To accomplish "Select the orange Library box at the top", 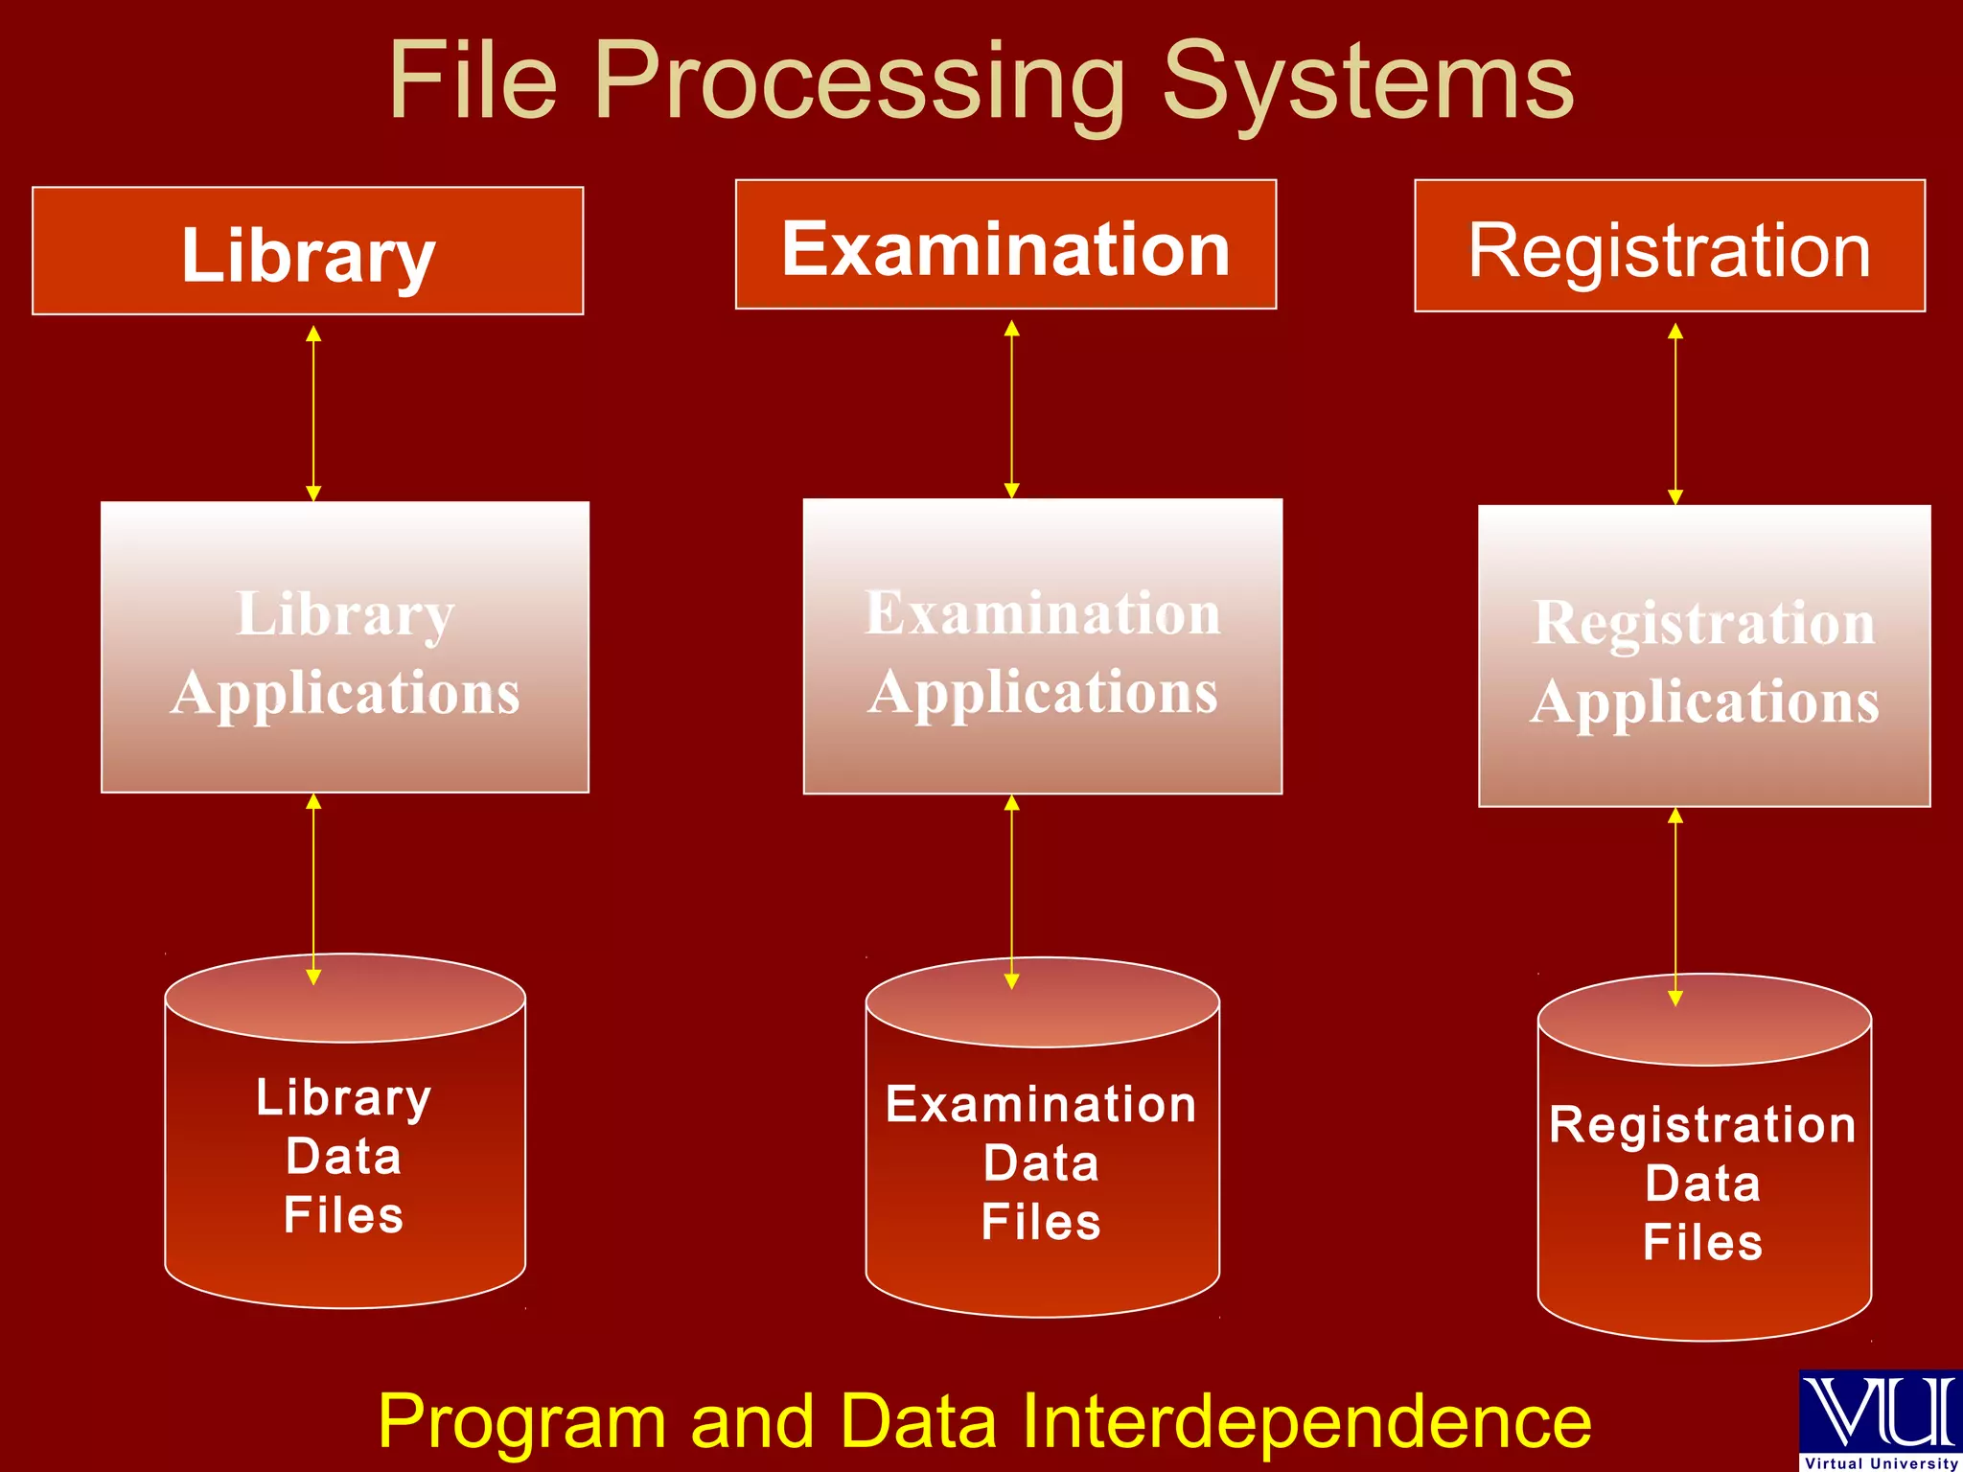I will [308, 251].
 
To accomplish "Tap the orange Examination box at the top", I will [1005, 245].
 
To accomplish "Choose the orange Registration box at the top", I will [1670, 246].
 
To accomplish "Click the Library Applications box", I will [345, 648].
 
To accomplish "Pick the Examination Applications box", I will [1043, 647].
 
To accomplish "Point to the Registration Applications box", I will [1704, 656].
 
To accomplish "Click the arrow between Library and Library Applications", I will [313, 413].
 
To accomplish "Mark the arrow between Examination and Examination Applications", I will [1011, 409].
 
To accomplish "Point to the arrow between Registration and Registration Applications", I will [1675, 413].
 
